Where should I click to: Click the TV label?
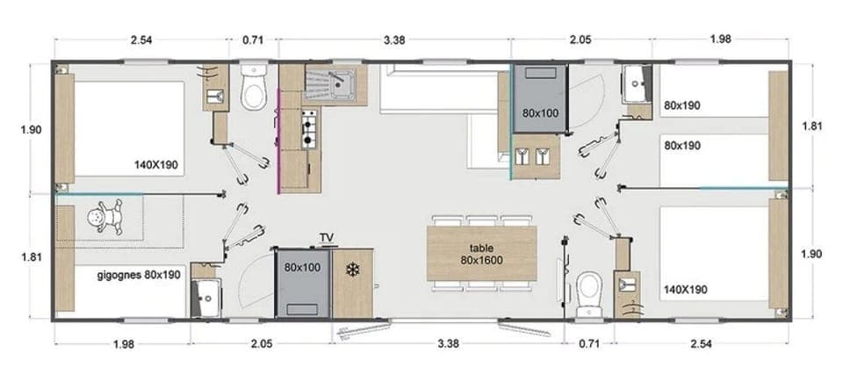pos(328,238)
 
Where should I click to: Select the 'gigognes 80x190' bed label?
pos(139,275)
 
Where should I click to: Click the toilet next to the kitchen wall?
pos(254,88)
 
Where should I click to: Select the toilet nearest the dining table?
pos(590,286)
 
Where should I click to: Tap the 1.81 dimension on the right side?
pos(812,126)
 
